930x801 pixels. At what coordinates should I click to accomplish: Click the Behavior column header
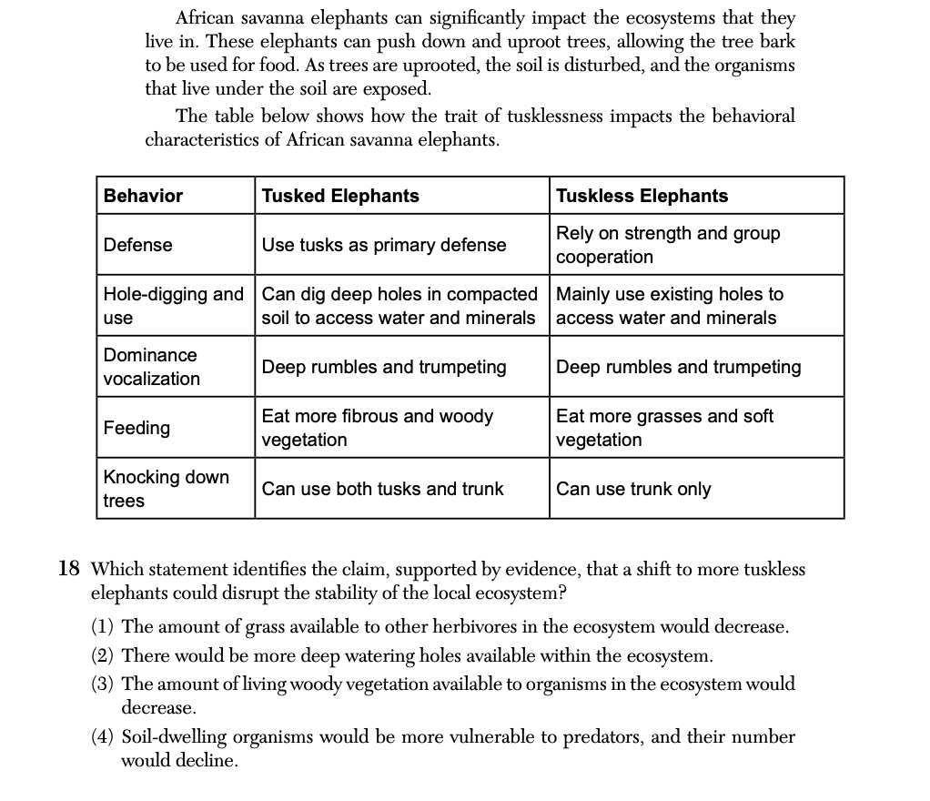(x=143, y=196)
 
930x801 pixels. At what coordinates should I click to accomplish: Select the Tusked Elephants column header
(x=340, y=196)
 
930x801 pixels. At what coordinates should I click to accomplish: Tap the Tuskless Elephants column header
(x=642, y=196)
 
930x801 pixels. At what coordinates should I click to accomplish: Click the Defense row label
(x=137, y=245)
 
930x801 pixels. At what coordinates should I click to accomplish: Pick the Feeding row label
(x=136, y=428)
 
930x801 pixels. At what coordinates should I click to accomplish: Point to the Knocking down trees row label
(x=166, y=489)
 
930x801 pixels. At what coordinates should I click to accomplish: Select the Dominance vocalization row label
(x=150, y=367)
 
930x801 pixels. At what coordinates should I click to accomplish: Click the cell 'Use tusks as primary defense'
(x=383, y=245)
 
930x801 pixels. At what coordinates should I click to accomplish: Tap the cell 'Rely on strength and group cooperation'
(x=668, y=245)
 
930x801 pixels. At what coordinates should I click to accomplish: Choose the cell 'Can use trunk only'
(x=633, y=489)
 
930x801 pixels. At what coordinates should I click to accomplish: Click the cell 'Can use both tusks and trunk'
(x=382, y=489)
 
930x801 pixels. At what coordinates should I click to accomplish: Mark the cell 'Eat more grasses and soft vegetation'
(x=664, y=428)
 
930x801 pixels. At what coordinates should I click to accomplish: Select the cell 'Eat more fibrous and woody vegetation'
(x=377, y=428)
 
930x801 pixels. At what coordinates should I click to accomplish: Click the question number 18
(x=69, y=570)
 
